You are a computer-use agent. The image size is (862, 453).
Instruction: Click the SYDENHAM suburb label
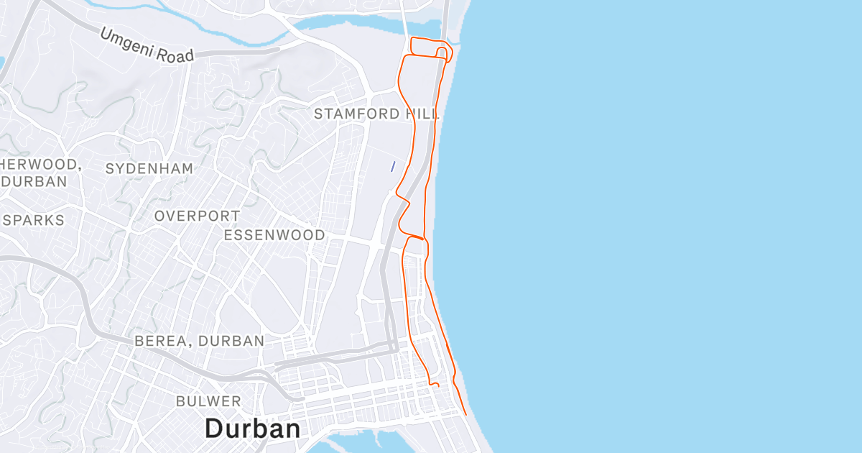click(149, 169)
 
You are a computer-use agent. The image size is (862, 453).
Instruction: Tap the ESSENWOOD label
click(274, 235)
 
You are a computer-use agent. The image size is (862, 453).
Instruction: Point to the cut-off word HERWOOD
click(39, 164)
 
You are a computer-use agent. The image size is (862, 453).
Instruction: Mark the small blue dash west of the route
click(392, 166)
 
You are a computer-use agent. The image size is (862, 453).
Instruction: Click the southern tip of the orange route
click(466, 414)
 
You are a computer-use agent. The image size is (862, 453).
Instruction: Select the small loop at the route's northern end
click(443, 52)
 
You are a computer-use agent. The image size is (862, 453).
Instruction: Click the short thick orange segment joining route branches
click(416, 237)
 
